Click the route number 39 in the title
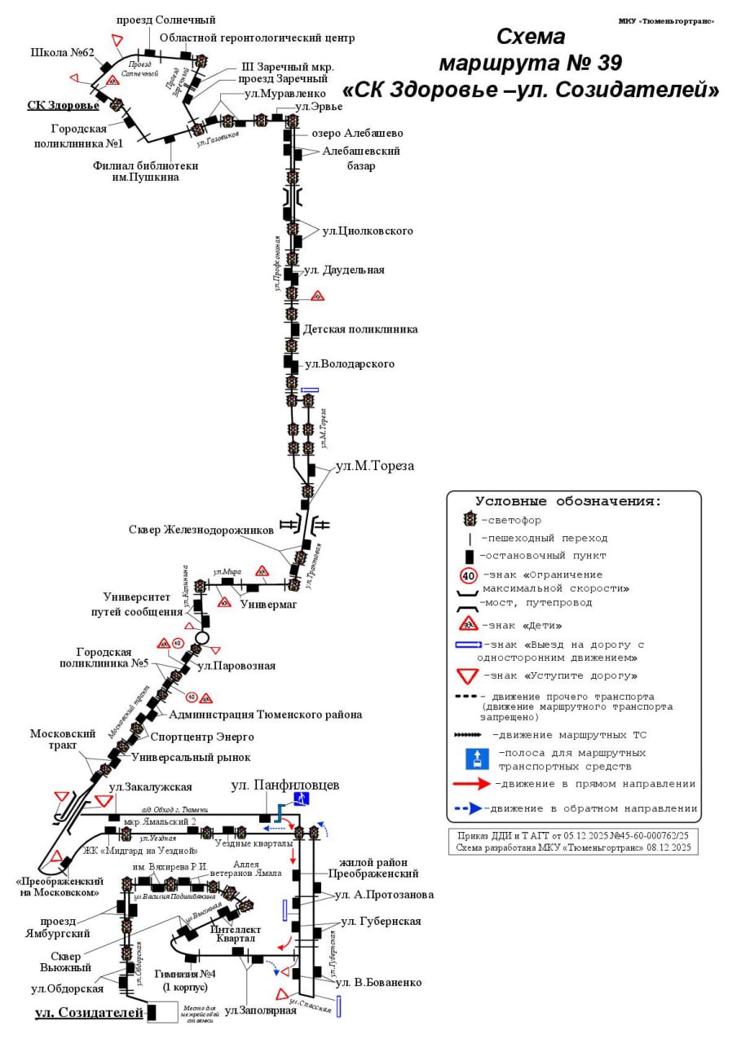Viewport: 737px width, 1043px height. (x=608, y=63)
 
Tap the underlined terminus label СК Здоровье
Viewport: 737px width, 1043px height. (x=63, y=105)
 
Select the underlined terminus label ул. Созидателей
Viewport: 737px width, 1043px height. (x=89, y=1013)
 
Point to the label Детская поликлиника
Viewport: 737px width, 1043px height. (x=360, y=329)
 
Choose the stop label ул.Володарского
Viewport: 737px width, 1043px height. (x=349, y=363)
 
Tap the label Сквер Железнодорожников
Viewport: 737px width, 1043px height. (x=201, y=530)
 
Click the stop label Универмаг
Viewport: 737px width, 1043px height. (x=268, y=605)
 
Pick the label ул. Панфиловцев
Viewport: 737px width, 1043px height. (x=285, y=786)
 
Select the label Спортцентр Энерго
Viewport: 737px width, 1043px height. (x=202, y=737)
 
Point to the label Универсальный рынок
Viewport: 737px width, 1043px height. (x=191, y=756)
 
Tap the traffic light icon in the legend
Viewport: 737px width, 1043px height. (x=470, y=519)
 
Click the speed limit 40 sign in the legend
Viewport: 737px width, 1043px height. (x=469, y=575)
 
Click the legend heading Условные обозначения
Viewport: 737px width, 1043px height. (x=568, y=501)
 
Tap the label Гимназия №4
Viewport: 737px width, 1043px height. (x=185, y=975)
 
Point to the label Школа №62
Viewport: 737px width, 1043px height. (x=63, y=53)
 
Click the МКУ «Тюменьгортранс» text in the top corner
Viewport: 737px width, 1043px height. (x=666, y=20)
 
